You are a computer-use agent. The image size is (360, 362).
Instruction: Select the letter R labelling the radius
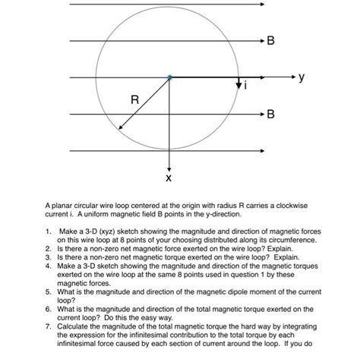click(134, 99)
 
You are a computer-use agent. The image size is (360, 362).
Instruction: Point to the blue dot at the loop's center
click(169, 77)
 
